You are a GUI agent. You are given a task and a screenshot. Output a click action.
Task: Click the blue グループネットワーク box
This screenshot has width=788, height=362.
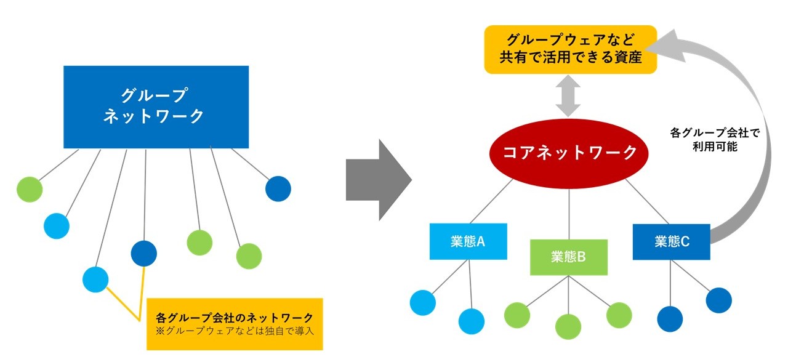156,107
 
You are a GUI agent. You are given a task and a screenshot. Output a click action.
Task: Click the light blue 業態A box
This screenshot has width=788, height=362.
468,241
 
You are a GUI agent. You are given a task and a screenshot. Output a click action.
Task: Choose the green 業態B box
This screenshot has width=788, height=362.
568,257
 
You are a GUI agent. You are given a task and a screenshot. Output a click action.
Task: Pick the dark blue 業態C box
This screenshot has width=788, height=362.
671,241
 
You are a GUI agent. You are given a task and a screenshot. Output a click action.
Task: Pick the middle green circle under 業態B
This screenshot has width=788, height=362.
568,326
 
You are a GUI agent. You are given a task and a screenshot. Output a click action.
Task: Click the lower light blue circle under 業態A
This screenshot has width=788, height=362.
472,321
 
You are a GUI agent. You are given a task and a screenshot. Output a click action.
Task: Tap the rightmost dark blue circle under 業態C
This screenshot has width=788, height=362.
718,300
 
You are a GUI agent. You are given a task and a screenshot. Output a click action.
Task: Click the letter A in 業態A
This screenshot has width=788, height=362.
481,241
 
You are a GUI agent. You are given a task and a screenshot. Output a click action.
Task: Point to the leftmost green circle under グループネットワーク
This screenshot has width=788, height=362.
30,189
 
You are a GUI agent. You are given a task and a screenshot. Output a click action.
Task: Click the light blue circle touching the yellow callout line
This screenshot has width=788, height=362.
95,279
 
